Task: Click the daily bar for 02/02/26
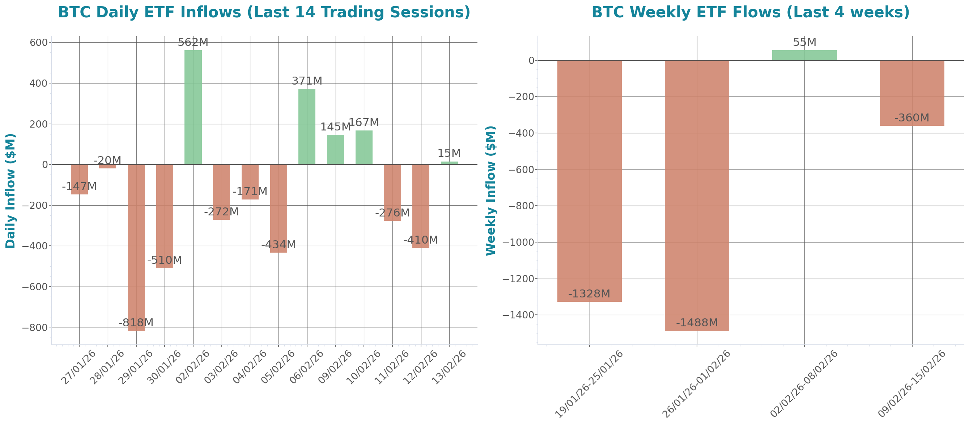(x=193, y=107)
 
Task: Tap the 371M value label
(x=307, y=81)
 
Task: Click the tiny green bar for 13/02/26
(x=449, y=163)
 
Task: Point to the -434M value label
(x=279, y=245)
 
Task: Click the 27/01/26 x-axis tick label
(x=78, y=367)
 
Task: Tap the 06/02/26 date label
(x=307, y=367)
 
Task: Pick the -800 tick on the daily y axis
(x=35, y=327)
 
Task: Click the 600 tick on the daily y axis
(x=39, y=42)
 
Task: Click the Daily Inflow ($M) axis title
(x=10, y=191)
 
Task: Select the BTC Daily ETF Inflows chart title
(x=264, y=12)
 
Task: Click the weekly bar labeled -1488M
(x=697, y=196)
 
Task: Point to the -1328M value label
(x=589, y=294)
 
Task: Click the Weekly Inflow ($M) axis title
(x=491, y=191)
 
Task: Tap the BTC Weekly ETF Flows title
(x=751, y=12)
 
